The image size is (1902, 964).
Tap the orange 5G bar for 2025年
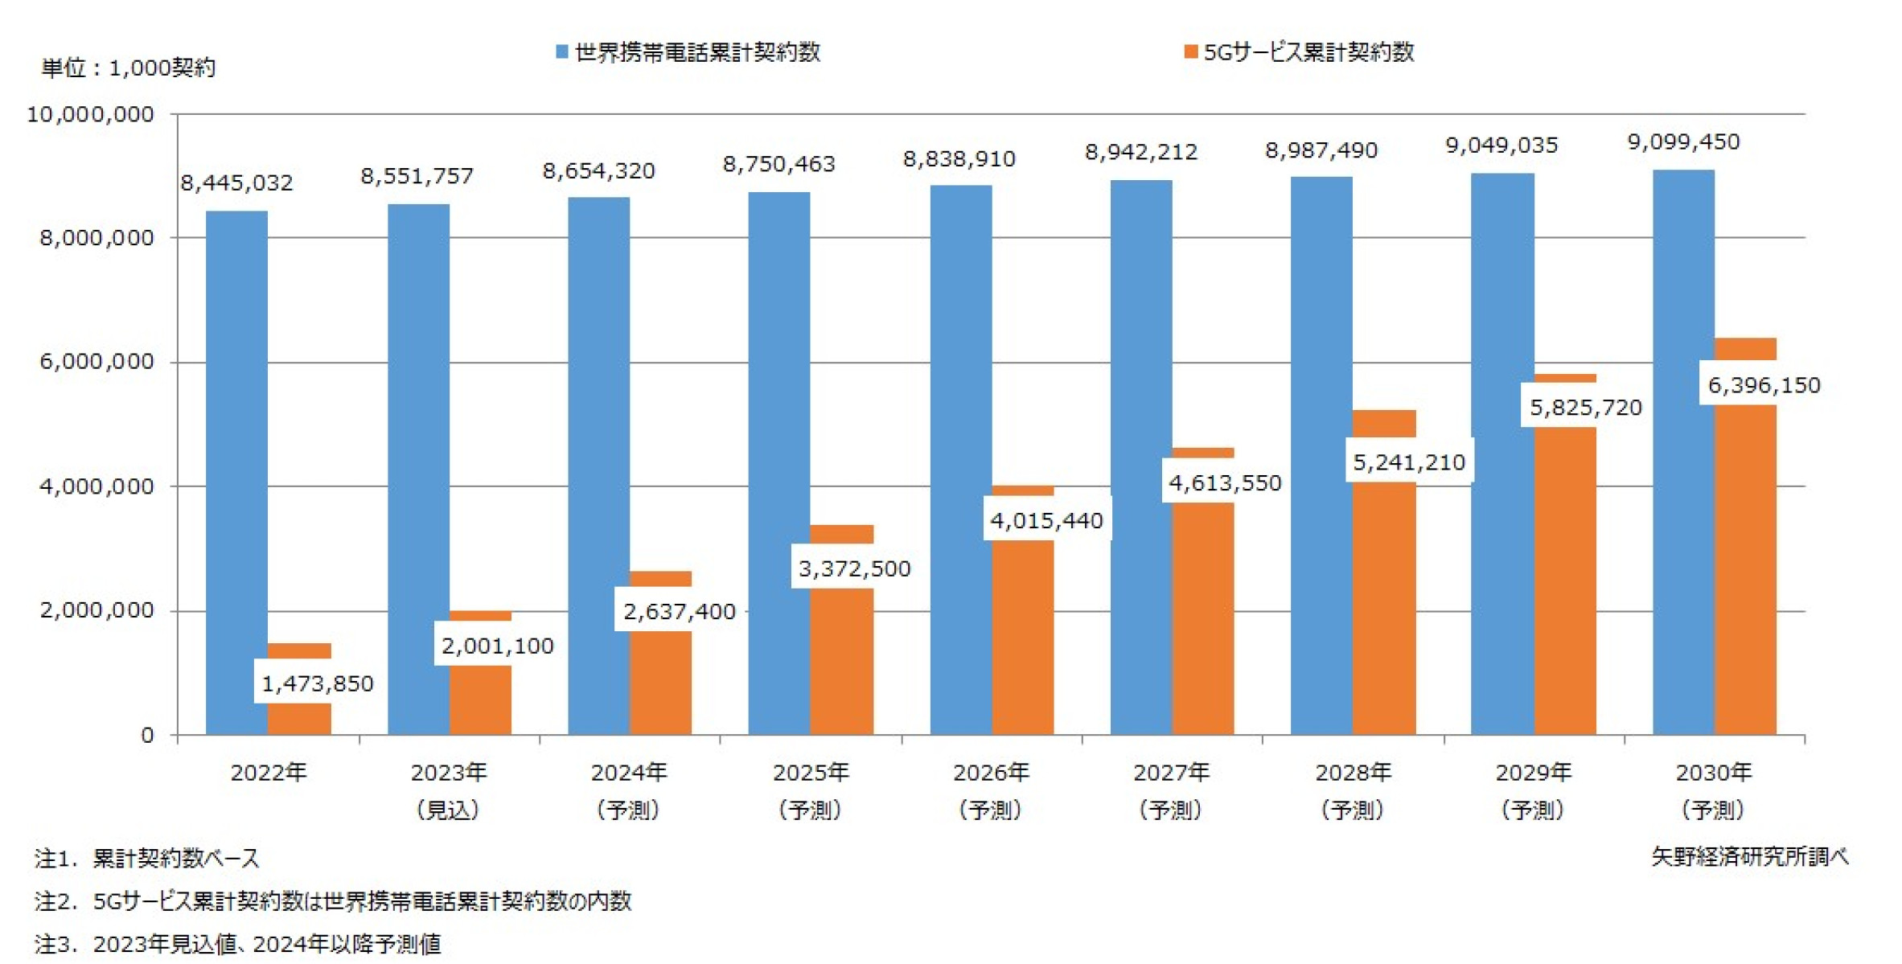[841, 659]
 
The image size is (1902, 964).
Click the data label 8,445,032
[236, 183]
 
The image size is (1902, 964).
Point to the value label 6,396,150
[1763, 385]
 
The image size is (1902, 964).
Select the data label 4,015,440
[1045, 521]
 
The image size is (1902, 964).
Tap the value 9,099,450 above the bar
[1683, 142]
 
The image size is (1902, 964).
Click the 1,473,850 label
[317, 683]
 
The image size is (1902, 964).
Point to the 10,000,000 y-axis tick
[90, 114]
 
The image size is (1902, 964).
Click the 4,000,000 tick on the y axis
[97, 486]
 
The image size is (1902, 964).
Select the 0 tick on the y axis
[147, 735]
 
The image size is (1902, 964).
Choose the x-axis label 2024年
[629, 773]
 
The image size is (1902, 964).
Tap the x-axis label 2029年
[1533, 773]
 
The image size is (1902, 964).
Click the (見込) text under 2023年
[448, 810]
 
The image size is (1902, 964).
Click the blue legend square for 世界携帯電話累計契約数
[562, 52]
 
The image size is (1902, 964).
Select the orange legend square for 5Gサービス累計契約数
[1190, 52]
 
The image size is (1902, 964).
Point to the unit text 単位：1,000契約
[129, 68]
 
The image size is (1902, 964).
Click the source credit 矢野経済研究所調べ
[1749, 857]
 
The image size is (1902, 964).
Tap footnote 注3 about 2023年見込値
[238, 944]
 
